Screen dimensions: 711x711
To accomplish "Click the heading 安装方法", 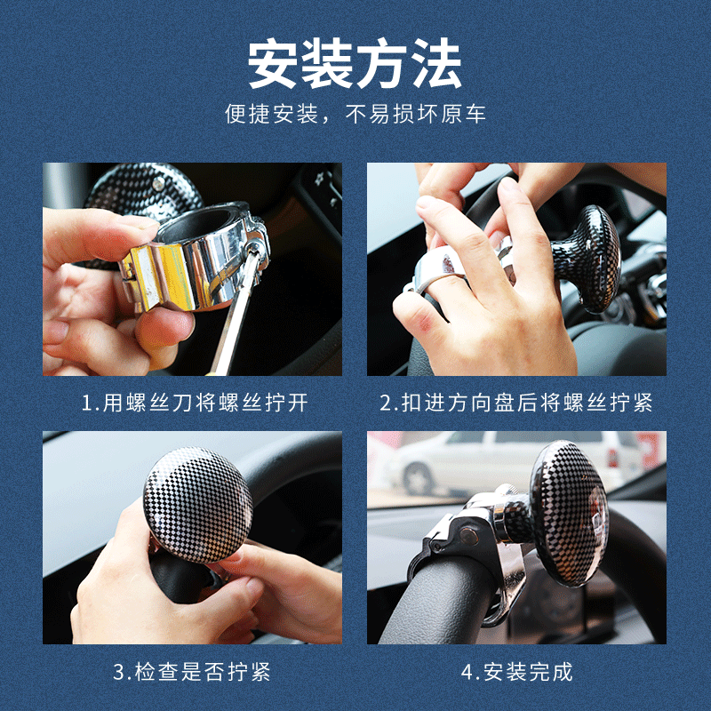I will tap(355, 63).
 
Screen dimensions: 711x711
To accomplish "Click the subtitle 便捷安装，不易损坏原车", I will tap(355, 115).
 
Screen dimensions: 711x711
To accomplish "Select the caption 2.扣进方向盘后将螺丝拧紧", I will tap(516, 403).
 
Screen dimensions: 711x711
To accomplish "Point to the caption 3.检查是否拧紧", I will tap(191, 672).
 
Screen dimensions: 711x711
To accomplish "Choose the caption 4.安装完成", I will tap(516, 672).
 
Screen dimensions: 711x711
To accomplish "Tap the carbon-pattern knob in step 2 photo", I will tap(587, 258).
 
